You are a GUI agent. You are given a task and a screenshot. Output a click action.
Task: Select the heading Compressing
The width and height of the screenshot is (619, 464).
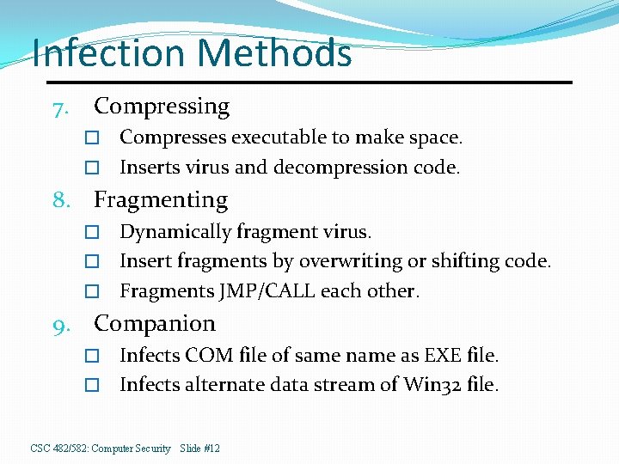pos(162,107)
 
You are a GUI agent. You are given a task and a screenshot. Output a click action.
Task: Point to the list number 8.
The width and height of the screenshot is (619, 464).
pos(59,202)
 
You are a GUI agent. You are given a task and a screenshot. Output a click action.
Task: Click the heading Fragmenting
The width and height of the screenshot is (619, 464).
pos(161,200)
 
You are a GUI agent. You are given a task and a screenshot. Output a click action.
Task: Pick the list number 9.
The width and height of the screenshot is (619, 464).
pos(59,326)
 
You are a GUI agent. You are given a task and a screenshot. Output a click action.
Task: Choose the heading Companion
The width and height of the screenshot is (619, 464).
pos(155,324)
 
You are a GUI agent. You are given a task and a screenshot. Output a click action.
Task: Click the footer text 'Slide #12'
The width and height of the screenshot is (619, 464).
pos(200,449)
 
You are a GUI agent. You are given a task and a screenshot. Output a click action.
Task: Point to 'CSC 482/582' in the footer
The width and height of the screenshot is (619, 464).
pos(59,449)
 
